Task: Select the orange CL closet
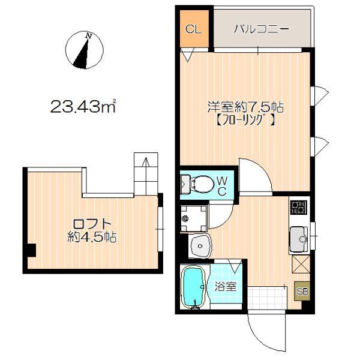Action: coord(193,29)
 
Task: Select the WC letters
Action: coord(221,185)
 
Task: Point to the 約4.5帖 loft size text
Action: coord(91,238)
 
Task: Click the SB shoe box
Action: coord(302,292)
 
